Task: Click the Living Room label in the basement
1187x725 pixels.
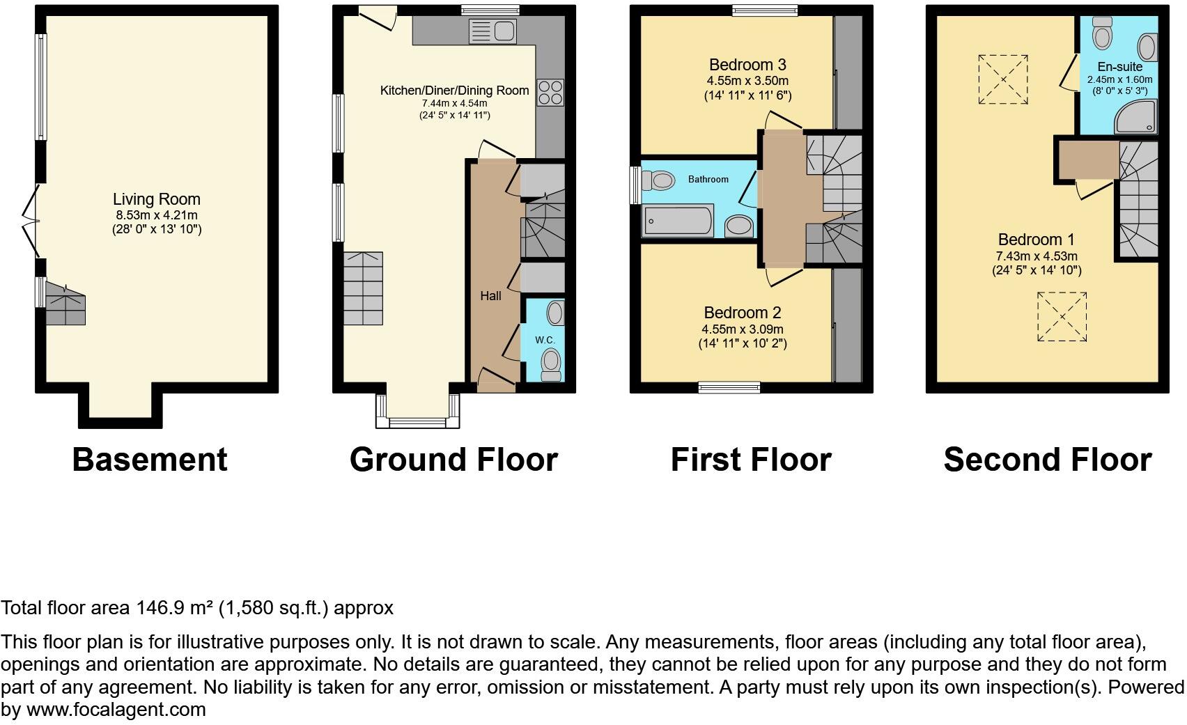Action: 157,199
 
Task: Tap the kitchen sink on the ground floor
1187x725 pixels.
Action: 492,31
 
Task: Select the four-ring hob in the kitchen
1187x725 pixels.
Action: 550,93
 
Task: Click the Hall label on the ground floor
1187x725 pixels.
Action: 490,296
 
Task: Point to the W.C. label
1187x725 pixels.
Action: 545,340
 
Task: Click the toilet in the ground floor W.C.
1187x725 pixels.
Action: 551,364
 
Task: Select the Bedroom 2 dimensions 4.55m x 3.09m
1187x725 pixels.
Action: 743,329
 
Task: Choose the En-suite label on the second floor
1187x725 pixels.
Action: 1119,67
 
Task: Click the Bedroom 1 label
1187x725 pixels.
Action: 1036,240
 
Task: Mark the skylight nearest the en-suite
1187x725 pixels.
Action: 1003,79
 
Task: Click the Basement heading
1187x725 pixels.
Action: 150,460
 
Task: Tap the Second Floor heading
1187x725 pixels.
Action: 1047,460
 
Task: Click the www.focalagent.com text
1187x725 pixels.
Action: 116,710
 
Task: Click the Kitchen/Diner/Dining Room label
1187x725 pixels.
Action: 454,91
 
